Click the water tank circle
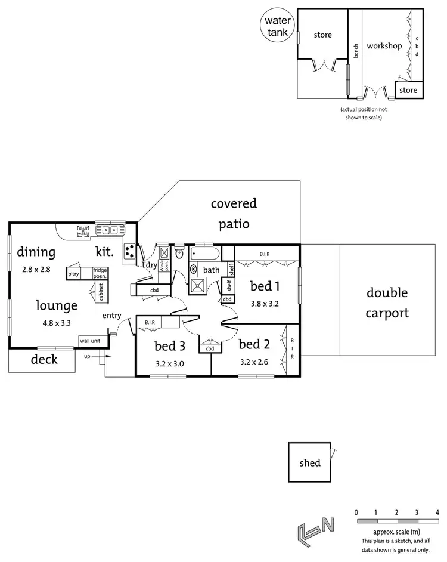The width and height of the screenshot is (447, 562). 276,27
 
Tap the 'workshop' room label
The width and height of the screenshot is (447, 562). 384,46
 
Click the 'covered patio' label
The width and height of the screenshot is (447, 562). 234,214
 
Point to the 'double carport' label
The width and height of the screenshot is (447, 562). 387,302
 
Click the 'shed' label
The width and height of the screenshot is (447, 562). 310,462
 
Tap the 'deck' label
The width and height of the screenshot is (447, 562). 44,359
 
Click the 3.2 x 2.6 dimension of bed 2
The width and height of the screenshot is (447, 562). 254,362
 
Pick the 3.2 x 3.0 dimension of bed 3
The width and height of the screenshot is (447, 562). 170,362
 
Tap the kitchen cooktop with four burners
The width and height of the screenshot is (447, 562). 130,253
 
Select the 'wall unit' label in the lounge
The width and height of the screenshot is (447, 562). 89,340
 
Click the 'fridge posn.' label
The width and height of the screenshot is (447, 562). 100,273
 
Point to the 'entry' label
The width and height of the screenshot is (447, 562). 112,315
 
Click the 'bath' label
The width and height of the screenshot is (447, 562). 211,270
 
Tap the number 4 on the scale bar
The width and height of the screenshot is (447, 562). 437,512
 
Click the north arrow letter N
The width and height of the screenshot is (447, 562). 327,524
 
